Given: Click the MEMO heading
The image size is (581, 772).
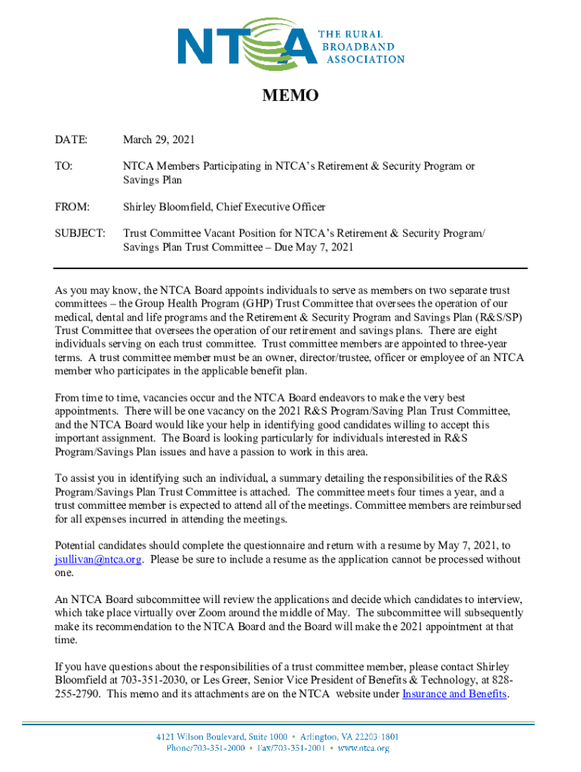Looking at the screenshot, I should pos(290,96).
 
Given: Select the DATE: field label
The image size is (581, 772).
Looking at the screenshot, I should pos(71,139).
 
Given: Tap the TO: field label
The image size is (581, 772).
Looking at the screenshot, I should pos(64,167).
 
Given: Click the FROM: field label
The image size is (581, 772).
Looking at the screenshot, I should pos(72,207).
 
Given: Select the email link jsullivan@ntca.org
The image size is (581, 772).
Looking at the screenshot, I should pos(98,559).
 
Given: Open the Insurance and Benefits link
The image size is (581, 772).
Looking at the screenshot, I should pos(453,694).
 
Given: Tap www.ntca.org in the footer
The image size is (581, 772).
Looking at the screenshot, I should pos(364,748).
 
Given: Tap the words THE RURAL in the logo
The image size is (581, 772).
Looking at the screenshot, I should pos(354,35).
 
